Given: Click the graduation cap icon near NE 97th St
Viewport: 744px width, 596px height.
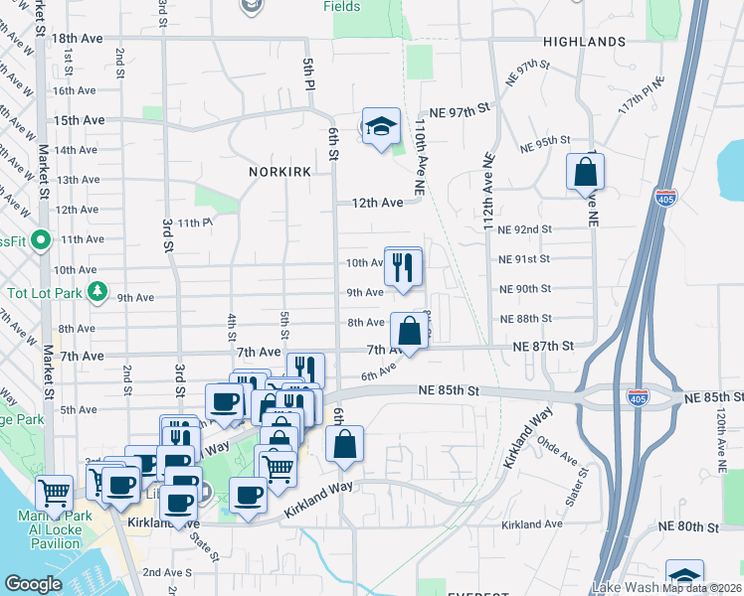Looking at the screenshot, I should pos(380,126).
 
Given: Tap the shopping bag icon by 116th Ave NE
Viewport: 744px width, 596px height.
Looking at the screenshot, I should pos(585,172).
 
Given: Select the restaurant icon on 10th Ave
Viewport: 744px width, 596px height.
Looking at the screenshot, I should pos(403,266).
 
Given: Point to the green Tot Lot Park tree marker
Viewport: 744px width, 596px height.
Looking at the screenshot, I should pos(96,291).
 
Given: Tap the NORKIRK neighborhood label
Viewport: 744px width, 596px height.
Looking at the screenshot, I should pos(280,172).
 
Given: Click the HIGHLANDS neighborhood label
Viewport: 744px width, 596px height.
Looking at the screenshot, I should pos(585,42).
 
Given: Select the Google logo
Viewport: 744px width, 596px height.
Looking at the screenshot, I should pos(33,584).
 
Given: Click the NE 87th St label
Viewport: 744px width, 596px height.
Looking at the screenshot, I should pos(544,346).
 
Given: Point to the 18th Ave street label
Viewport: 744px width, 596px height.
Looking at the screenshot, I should pos(78,38).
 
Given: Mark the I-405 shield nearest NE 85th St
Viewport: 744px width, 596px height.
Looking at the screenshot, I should pos(639,397).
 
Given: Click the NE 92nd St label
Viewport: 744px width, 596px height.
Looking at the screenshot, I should pos(525,229).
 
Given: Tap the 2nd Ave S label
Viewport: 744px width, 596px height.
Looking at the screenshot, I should pos(167,572).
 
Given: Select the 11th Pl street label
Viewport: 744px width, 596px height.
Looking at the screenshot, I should pos(195,223).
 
